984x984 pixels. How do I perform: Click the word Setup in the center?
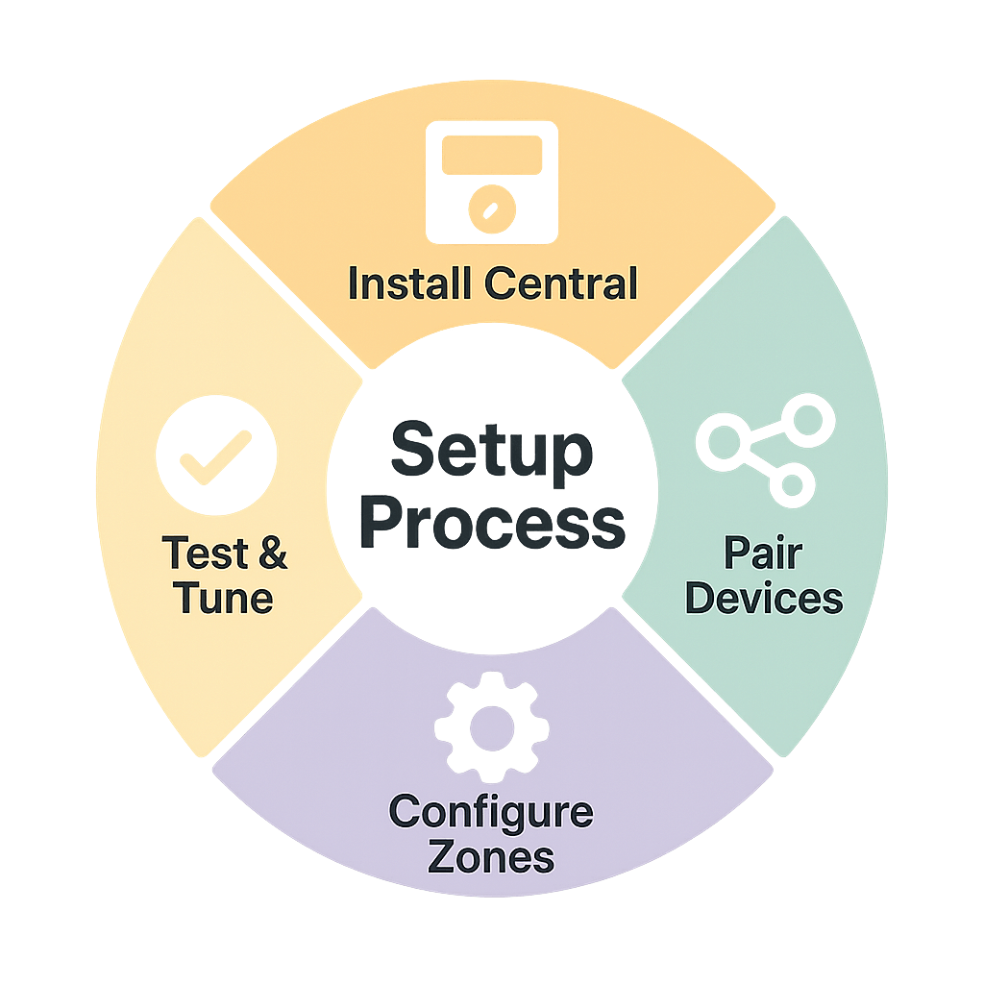(491, 453)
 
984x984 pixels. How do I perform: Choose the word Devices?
(765, 599)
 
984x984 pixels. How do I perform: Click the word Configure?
(491, 813)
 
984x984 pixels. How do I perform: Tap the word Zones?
(491, 856)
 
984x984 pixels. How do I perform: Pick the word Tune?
(224, 599)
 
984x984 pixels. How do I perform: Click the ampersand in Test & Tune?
(267, 554)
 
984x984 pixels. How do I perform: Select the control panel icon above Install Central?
(491, 182)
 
